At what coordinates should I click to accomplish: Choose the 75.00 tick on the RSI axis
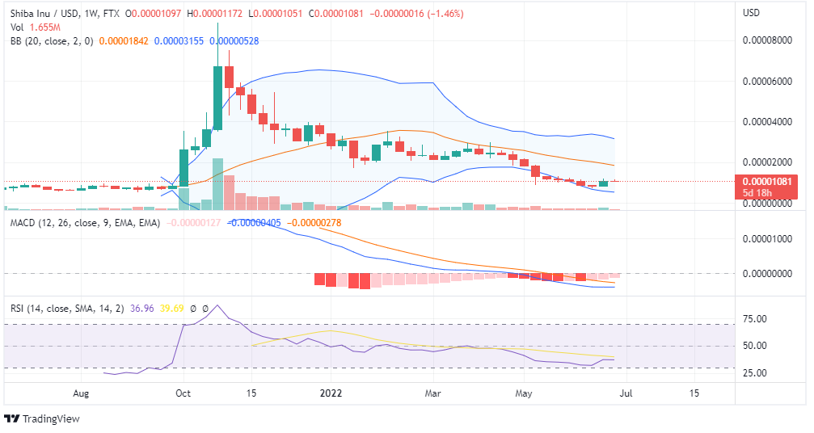coord(755,319)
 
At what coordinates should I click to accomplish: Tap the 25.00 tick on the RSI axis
coord(755,373)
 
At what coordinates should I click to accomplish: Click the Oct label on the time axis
coord(183,393)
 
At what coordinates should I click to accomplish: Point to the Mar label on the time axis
coord(433,393)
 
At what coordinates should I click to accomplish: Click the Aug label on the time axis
coord(81,393)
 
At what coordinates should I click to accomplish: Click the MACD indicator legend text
coord(85,222)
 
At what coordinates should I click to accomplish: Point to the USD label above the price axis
coord(752,13)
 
